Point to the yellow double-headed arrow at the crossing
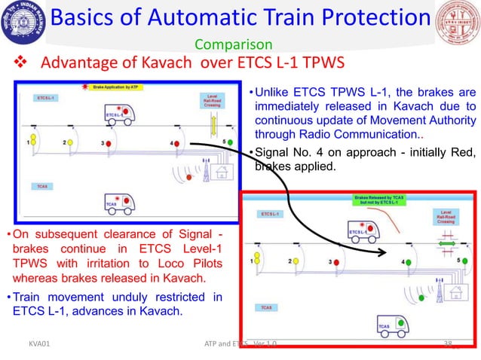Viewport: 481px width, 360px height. coord(213,122)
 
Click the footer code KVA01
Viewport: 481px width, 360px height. coord(32,343)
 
